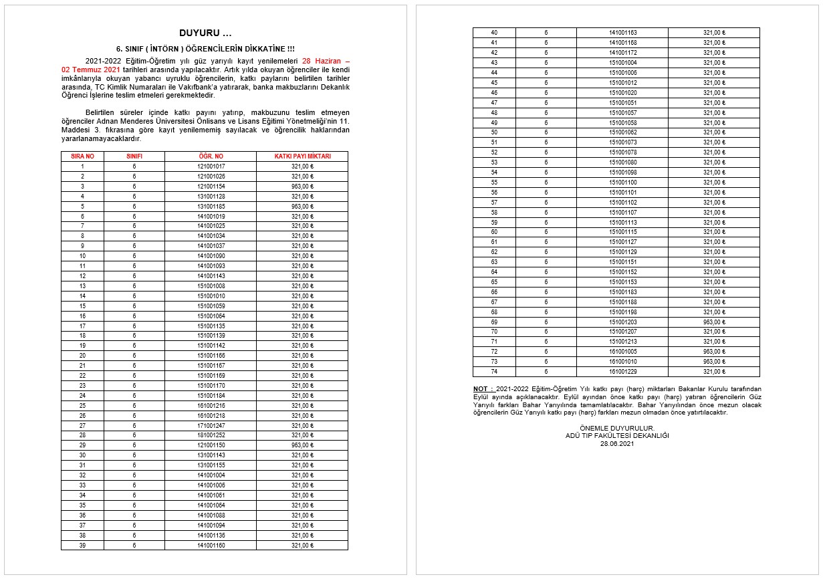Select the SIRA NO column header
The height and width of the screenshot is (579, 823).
(x=82, y=156)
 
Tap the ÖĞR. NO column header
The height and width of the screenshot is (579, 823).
(x=211, y=156)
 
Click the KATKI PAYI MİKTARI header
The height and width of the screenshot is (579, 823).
(x=302, y=156)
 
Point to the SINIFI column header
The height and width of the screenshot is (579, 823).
(x=134, y=156)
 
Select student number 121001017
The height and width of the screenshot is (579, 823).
(x=211, y=166)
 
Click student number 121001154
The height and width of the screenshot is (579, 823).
(x=211, y=187)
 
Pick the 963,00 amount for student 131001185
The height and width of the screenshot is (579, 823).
(x=302, y=207)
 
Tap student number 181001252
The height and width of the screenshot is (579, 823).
(x=211, y=435)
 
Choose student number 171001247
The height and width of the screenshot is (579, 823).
(x=211, y=425)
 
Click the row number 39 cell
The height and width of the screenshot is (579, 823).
(x=82, y=545)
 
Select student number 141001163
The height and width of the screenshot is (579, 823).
(x=623, y=33)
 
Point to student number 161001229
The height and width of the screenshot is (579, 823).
(x=623, y=372)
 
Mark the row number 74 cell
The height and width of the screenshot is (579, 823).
(x=494, y=372)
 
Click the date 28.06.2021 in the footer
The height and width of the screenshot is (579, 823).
(x=616, y=443)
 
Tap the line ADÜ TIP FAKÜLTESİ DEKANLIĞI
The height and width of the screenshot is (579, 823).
(x=616, y=436)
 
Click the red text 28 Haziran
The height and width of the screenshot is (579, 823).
(x=325, y=60)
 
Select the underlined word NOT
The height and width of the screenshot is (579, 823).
(x=481, y=388)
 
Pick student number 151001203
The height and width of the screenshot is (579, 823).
(x=623, y=322)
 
